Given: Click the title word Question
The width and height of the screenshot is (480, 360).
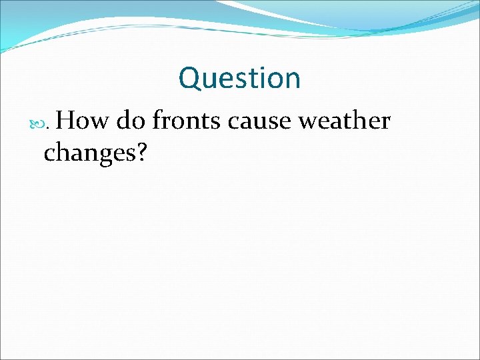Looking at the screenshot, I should tap(239, 78).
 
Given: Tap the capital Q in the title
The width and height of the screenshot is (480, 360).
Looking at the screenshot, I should tap(189, 78).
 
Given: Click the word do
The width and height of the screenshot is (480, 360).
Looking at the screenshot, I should tap(131, 121).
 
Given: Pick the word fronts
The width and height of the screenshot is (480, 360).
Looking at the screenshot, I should tap(187, 121).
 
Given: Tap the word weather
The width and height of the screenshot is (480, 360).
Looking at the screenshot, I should tap(344, 121).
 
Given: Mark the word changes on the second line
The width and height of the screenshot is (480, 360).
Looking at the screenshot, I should tap(89, 153).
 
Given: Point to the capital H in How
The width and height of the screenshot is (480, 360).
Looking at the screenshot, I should tap(74, 121).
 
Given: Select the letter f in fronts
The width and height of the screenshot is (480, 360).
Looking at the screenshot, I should tap(157, 121).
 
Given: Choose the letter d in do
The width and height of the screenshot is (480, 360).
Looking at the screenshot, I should tap(124, 121).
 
